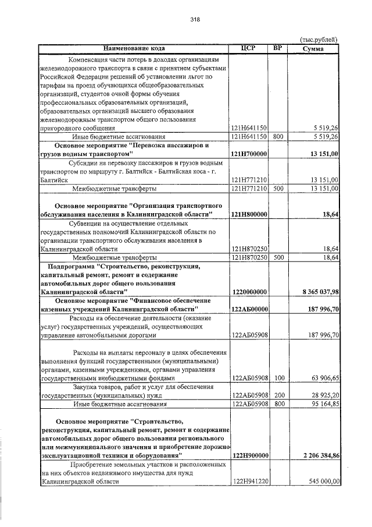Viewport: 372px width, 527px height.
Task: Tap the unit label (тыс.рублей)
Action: point(319,39)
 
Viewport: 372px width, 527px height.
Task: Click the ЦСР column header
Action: point(249,48)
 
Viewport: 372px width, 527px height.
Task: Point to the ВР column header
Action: point(277,48)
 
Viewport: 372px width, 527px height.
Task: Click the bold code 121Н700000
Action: point(249,154)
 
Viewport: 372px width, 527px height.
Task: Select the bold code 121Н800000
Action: point(249,215)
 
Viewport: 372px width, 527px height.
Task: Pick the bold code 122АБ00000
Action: point(249,309)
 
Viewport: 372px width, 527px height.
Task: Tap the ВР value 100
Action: point(278,379)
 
